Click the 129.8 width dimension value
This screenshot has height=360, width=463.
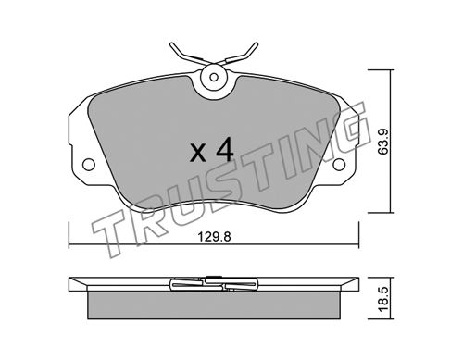click(x=214, y=237)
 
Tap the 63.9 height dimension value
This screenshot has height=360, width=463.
click(x=384, y=142)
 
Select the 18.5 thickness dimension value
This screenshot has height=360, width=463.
click(x=383, y=299)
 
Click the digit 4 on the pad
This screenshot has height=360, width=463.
click(x=224, y=150)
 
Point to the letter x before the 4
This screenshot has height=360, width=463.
click(x=198, y=154)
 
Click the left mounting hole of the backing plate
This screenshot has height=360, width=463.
click(x=89, y=164)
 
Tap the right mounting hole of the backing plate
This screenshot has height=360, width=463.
click(x=339, y=164)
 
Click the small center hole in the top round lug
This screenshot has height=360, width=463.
click(x=214, y=77)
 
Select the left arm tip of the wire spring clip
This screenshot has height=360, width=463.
click(x=171, y=44)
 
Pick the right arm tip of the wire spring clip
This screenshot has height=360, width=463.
click(x=257, y=44)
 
